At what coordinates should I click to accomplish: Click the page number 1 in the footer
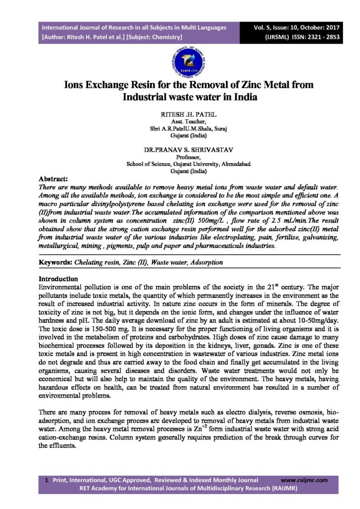coord(46,480)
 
